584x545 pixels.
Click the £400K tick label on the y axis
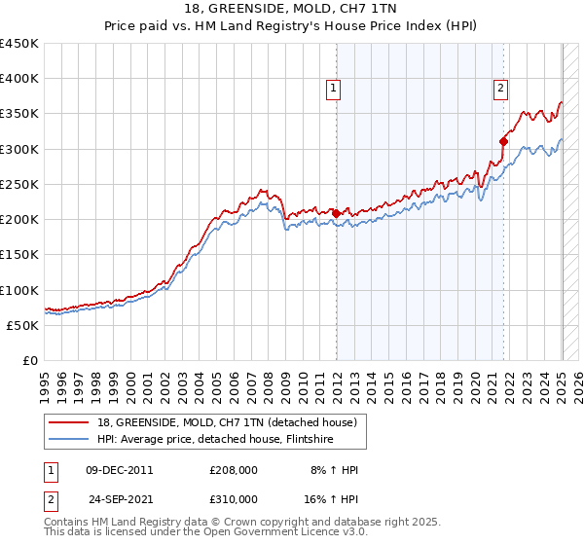click(x=19, y=79)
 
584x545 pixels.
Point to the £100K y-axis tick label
click(x=19, y=290)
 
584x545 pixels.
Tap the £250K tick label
click(x=19, y=184)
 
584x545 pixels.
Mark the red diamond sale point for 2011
click(x=336, y=213)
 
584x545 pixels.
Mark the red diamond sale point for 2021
click(x=504, y=141)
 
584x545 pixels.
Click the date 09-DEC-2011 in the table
click(x=120, y=469)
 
